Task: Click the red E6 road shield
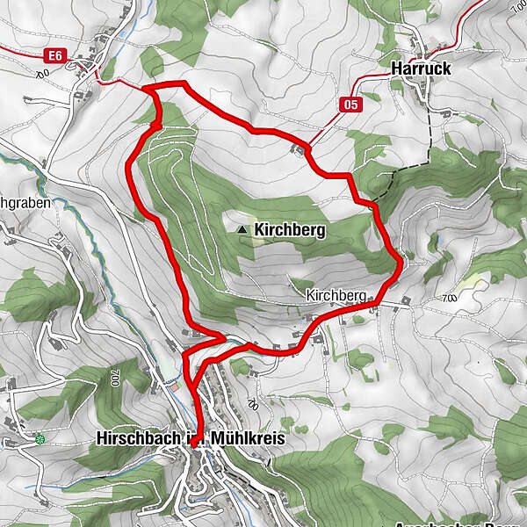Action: tap(55, 55)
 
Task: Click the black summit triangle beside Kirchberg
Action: tap(242, 230)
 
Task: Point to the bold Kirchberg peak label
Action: tap(290, 231)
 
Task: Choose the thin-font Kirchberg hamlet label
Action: tap(336, 297)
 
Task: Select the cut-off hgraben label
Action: tap(25, 202)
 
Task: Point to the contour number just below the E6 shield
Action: tap(41, 74)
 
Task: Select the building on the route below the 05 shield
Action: tap(301, 150)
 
